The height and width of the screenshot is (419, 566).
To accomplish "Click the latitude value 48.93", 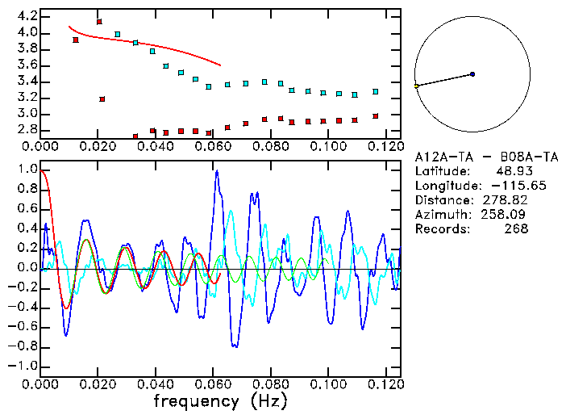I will (510, 170).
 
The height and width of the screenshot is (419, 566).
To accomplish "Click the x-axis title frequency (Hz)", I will (220, 400).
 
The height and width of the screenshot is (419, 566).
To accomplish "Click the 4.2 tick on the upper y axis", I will (27, 16).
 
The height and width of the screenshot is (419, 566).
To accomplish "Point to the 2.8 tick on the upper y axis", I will (27, 130).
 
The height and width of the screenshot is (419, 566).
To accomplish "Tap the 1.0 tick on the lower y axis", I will (27, 170).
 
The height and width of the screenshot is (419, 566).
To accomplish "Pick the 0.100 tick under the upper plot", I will (328, 147).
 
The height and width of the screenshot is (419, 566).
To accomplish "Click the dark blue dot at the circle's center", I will (472, 74).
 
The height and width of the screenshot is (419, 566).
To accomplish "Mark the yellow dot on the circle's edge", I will (416, 86).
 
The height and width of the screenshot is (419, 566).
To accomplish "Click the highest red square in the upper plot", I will (99, 22).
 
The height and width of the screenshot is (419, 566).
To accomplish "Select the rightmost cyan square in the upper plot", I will (376, 92).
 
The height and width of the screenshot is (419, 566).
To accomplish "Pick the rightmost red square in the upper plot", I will (376, 116).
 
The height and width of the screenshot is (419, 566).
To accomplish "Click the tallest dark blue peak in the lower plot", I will (216, 172).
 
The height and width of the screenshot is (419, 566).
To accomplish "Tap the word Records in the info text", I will (440, 228).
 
